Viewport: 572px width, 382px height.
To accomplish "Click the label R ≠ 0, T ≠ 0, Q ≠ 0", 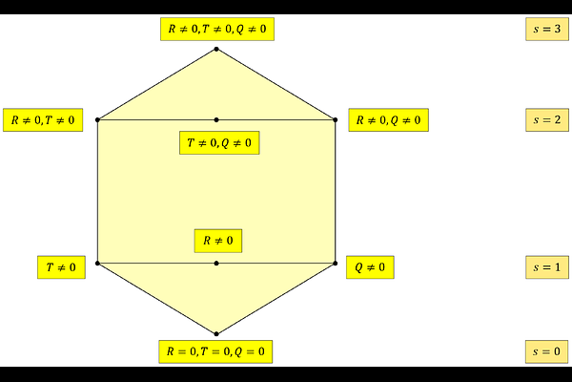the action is (x=217, y=30).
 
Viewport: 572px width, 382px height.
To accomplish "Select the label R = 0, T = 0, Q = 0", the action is (x=215, y=351).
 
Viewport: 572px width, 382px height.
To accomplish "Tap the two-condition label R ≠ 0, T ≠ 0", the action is (x=43, y=120).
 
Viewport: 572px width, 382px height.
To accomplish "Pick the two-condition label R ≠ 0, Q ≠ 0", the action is (x=389, y=120).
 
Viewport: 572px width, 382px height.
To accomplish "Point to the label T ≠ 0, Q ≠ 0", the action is (x=219, y=142).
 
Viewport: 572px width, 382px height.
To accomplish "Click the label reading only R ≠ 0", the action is (x=218, y=241).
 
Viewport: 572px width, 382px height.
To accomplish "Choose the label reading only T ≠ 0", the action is (x=61, y=267).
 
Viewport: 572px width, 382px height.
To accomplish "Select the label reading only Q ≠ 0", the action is (x=370, y=267).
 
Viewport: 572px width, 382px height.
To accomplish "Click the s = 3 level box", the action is (x=547, y=29).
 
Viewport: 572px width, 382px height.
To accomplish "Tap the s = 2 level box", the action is (x=547, y=120).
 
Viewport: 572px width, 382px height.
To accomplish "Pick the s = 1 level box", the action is (x=547, y=267).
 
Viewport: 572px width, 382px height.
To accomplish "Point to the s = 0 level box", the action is (x=547, y=351).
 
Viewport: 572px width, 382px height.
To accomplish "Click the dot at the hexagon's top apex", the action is (x=216, y=49).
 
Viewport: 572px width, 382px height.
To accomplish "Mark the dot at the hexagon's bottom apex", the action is (x=216, y=333).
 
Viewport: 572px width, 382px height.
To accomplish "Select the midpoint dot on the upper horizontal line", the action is (x=216, y=120).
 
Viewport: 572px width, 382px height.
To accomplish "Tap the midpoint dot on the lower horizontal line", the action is (x=216, y=264).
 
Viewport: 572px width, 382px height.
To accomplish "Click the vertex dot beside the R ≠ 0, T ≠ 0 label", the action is (x=97, y=120).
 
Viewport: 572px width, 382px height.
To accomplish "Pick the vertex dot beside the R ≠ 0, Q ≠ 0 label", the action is (x=336, y=120).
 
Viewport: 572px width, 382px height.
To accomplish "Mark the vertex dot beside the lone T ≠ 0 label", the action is (x=97, y=264).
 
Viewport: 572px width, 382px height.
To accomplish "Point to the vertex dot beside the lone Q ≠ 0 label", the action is (x=336, y=264).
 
